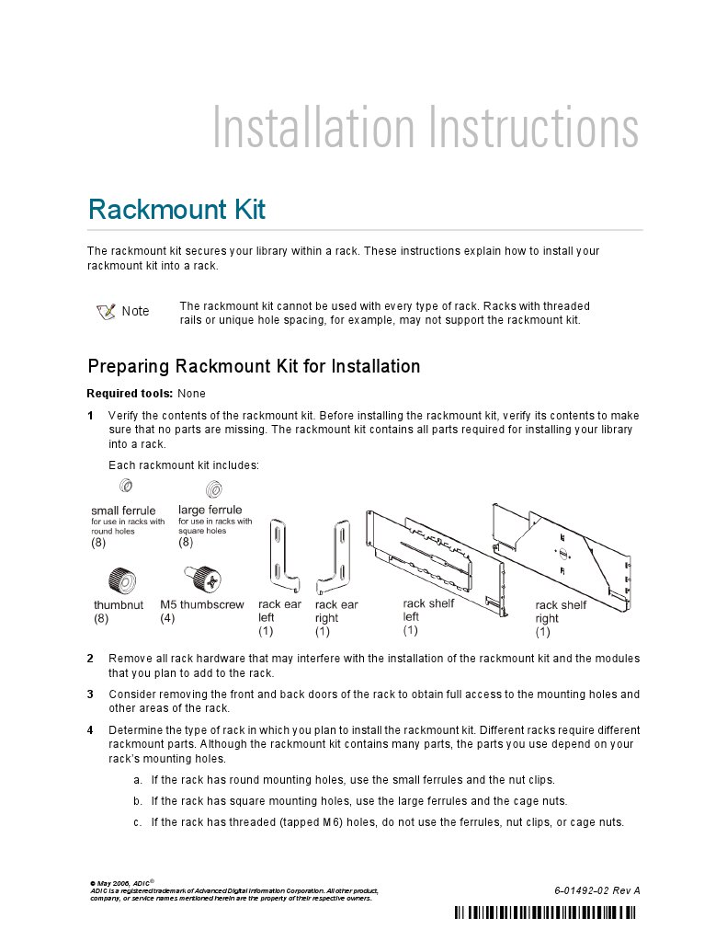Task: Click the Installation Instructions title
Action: click(x=425, y=128)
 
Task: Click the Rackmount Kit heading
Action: click(x=176, y=210)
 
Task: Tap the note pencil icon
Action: click(x=106, y=311)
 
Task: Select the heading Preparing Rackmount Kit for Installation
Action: click(x=254, y=367)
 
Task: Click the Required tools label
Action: click(x=123, y=394)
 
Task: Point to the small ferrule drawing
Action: click(x=127, y=486)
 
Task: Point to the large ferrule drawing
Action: click(x=211, y=488)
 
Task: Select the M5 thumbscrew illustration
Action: click(x=202, y=580)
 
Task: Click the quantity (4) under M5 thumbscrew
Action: click(x=167, y=619)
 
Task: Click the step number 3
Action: click(x=90, y=694)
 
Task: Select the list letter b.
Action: click(x=137, y=801)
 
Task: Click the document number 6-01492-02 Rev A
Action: click(x=596, y=890)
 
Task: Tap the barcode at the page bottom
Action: click(x=545, y=912)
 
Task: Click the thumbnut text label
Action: click(x=119, y=605)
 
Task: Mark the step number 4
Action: click(x=90, y=730)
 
